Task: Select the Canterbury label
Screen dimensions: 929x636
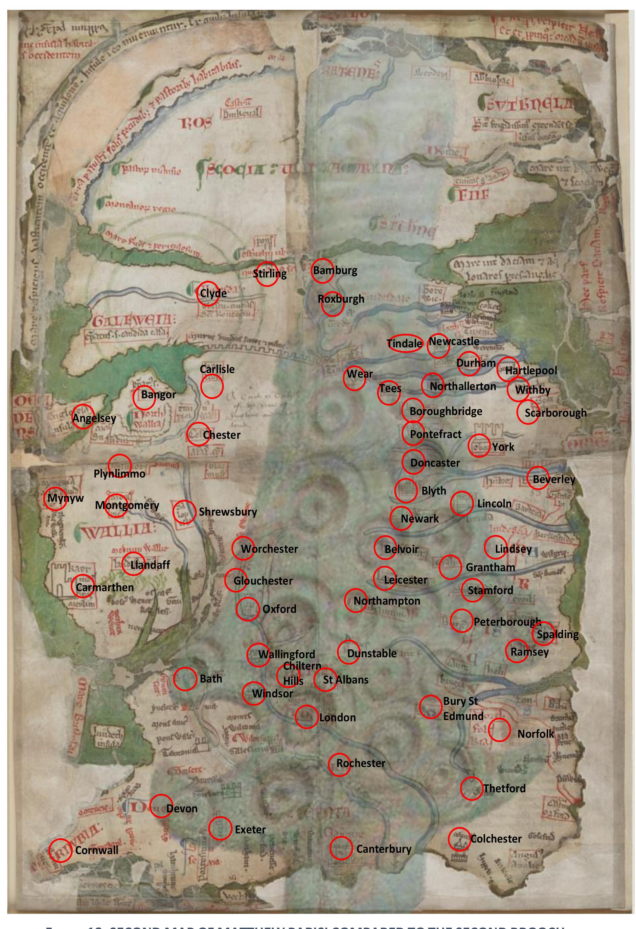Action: [383, 848]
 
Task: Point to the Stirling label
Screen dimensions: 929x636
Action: [270, 273]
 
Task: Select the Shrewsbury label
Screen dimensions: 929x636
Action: [228, 512]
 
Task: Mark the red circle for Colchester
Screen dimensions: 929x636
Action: [459, 839]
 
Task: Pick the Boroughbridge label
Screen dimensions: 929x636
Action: [446, 411]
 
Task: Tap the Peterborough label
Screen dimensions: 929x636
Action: [507, 622]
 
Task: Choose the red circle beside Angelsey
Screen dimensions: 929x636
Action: [83, 417]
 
